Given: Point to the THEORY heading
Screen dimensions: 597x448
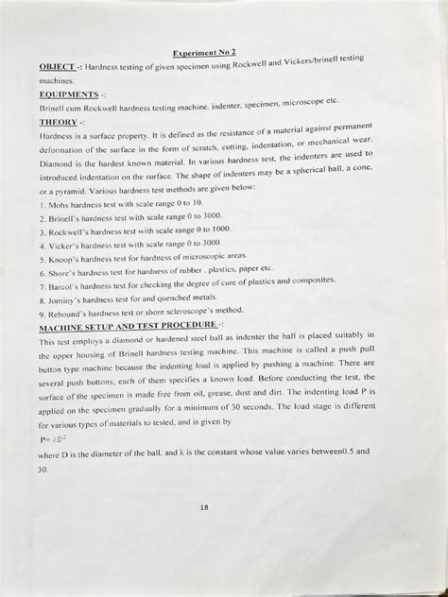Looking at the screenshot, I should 59,122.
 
